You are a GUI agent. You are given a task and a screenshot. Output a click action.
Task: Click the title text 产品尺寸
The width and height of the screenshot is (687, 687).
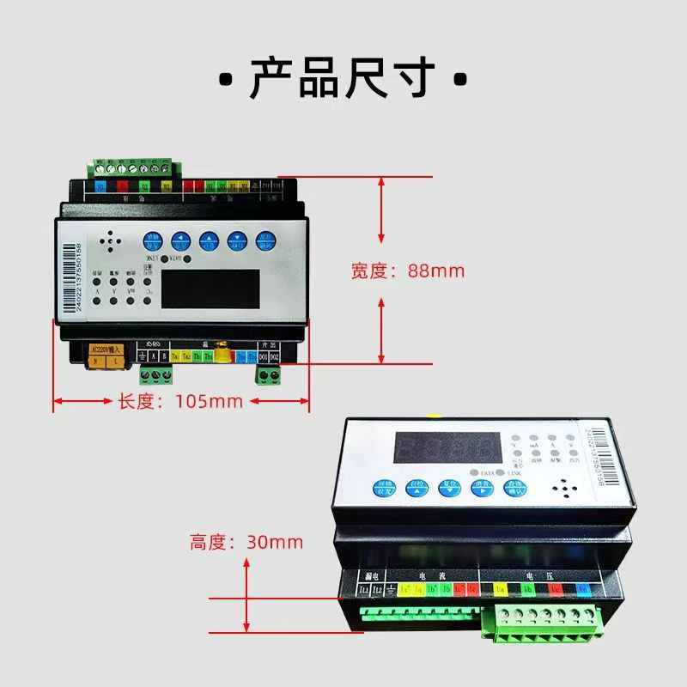coord(343,79)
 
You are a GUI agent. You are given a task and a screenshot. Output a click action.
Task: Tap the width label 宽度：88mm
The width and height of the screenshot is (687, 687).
coord(407,271)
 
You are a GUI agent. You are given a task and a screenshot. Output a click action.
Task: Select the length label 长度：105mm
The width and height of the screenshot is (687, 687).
coord(180,401)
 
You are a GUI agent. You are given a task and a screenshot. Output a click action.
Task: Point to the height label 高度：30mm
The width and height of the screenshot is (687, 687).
coord(246,542)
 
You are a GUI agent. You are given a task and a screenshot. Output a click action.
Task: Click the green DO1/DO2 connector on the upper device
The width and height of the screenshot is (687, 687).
coord(271,374)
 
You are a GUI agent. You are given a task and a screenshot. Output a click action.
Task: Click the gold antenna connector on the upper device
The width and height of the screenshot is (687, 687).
coord(222,352)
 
